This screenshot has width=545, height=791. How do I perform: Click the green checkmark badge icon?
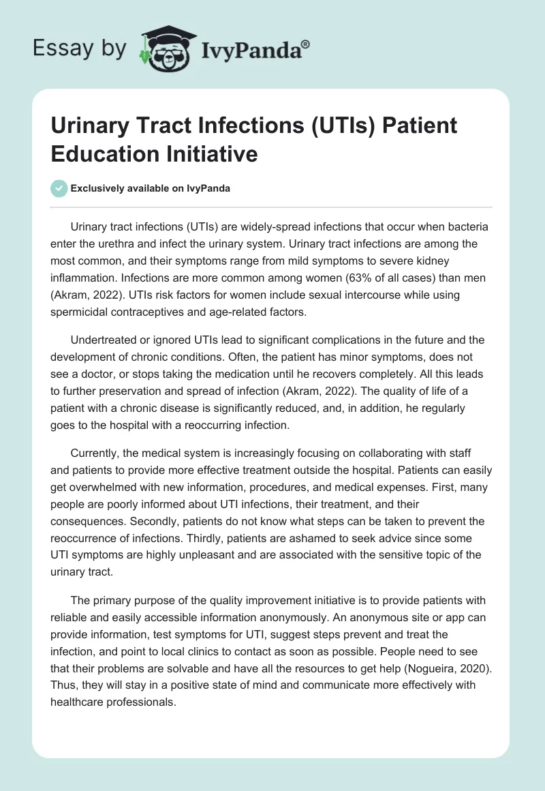59,188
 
